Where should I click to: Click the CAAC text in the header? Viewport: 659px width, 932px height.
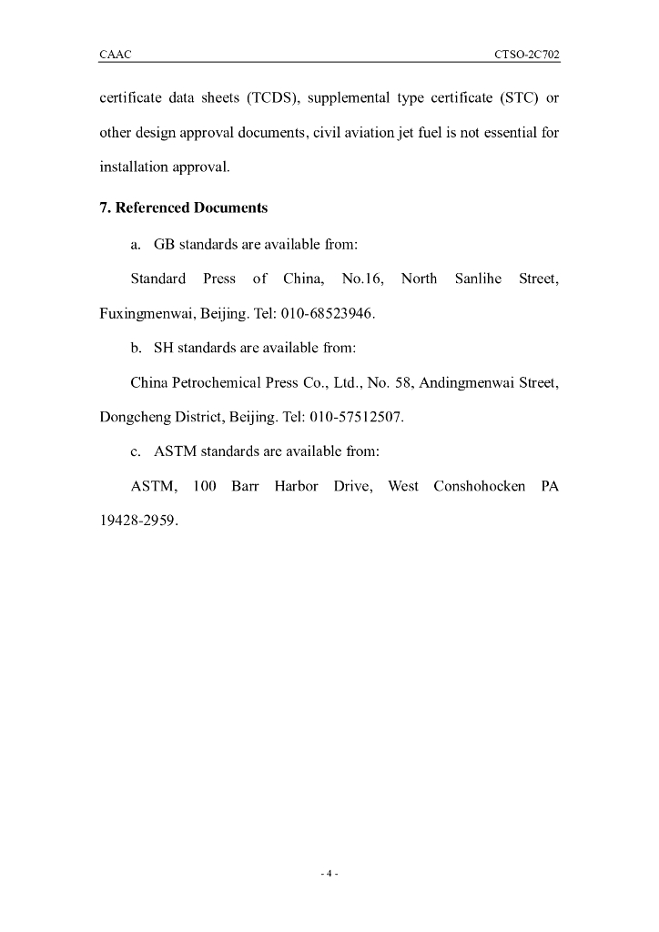[x=115, y=55]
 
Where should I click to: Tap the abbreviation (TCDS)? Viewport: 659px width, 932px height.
[x=262, y=98]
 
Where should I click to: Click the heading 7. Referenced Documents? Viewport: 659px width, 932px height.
[x=183, y=208]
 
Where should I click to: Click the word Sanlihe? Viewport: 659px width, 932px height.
[x=478, y=279]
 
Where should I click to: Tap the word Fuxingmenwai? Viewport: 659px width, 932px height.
[x=143, y=313]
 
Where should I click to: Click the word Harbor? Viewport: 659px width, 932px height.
[x=297, y=486]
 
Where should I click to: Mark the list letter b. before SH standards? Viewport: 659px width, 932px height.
[x=137, y=348]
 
